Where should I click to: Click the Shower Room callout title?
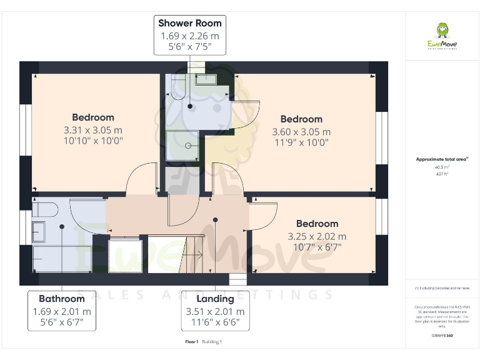pos(189,23)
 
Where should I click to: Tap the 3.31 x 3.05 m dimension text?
pos(92,130)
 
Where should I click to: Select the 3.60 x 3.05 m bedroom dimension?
pos(301,132)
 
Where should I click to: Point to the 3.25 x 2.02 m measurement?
pos(317,236)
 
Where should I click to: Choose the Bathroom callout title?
pos(61,299)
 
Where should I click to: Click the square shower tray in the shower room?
pos(182,146)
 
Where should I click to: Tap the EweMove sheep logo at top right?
pos(442,31)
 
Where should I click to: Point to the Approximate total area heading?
pos(441,159)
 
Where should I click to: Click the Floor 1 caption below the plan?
pos(191,342)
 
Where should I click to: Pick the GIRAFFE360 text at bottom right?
pos(441,336)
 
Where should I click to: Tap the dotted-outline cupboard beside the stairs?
pos(125,255)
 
